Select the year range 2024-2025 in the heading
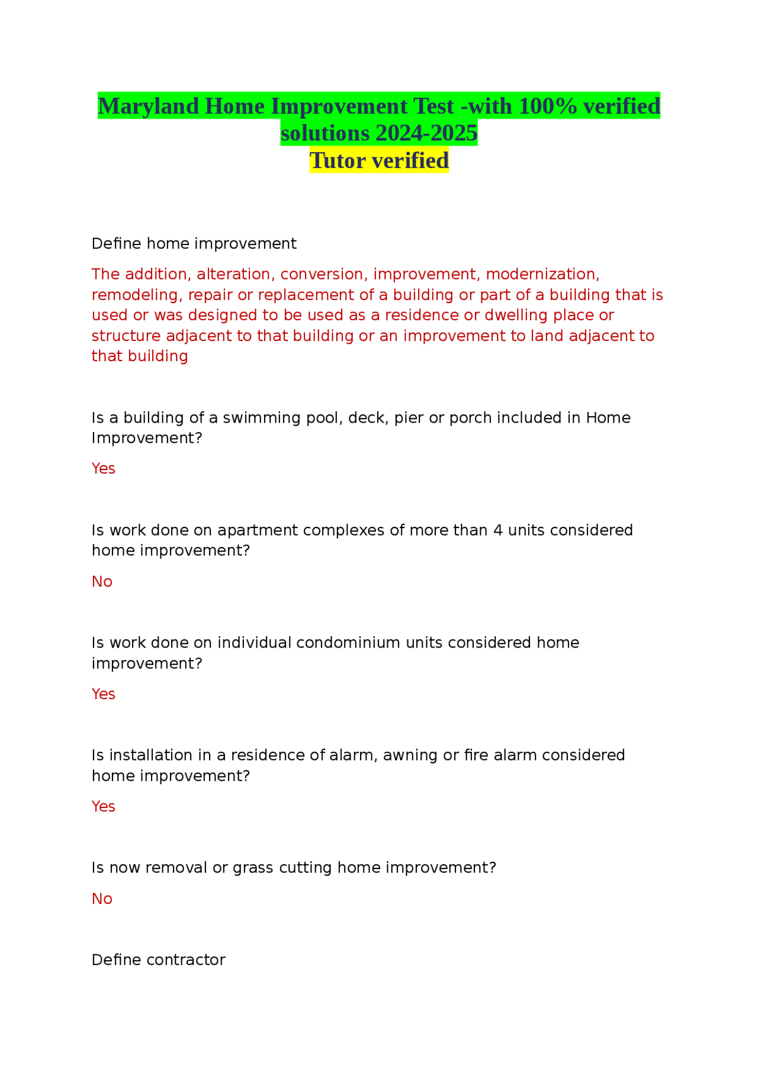426,134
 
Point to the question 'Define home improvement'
194,244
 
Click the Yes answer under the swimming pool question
103,469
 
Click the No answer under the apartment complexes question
102,582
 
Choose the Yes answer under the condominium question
103,694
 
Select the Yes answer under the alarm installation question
103,807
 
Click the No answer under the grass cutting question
102,899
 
